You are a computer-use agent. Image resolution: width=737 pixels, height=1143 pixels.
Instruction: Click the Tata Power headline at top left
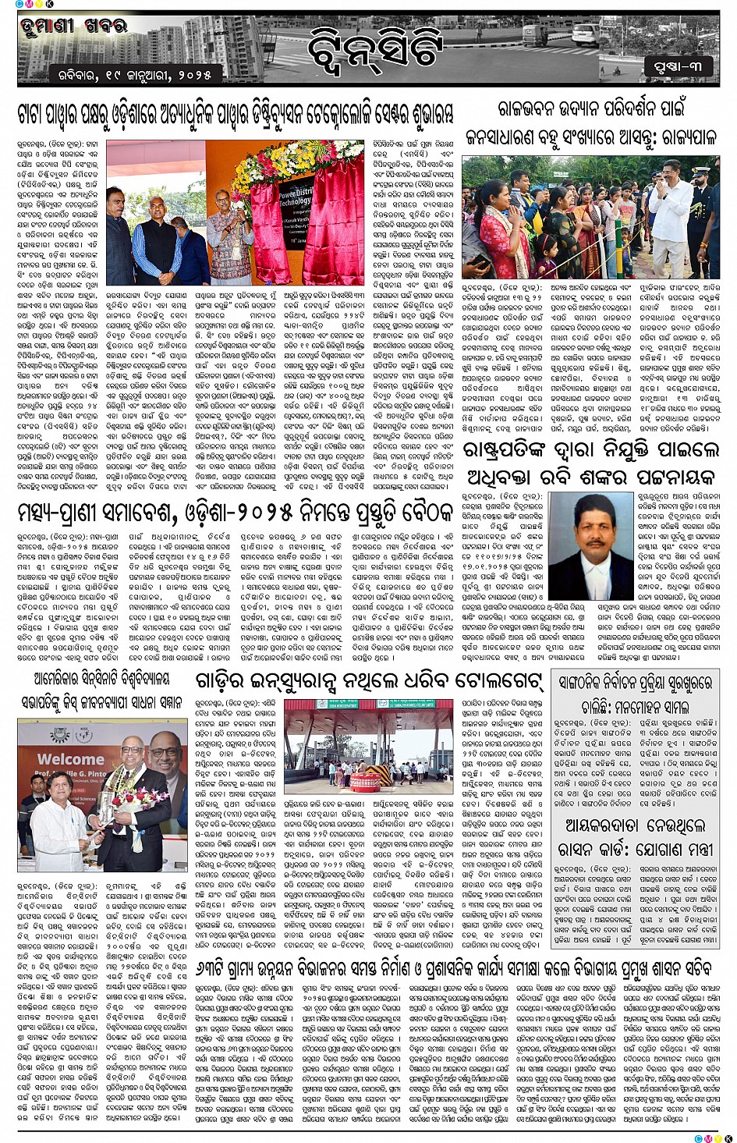point(235,115)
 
